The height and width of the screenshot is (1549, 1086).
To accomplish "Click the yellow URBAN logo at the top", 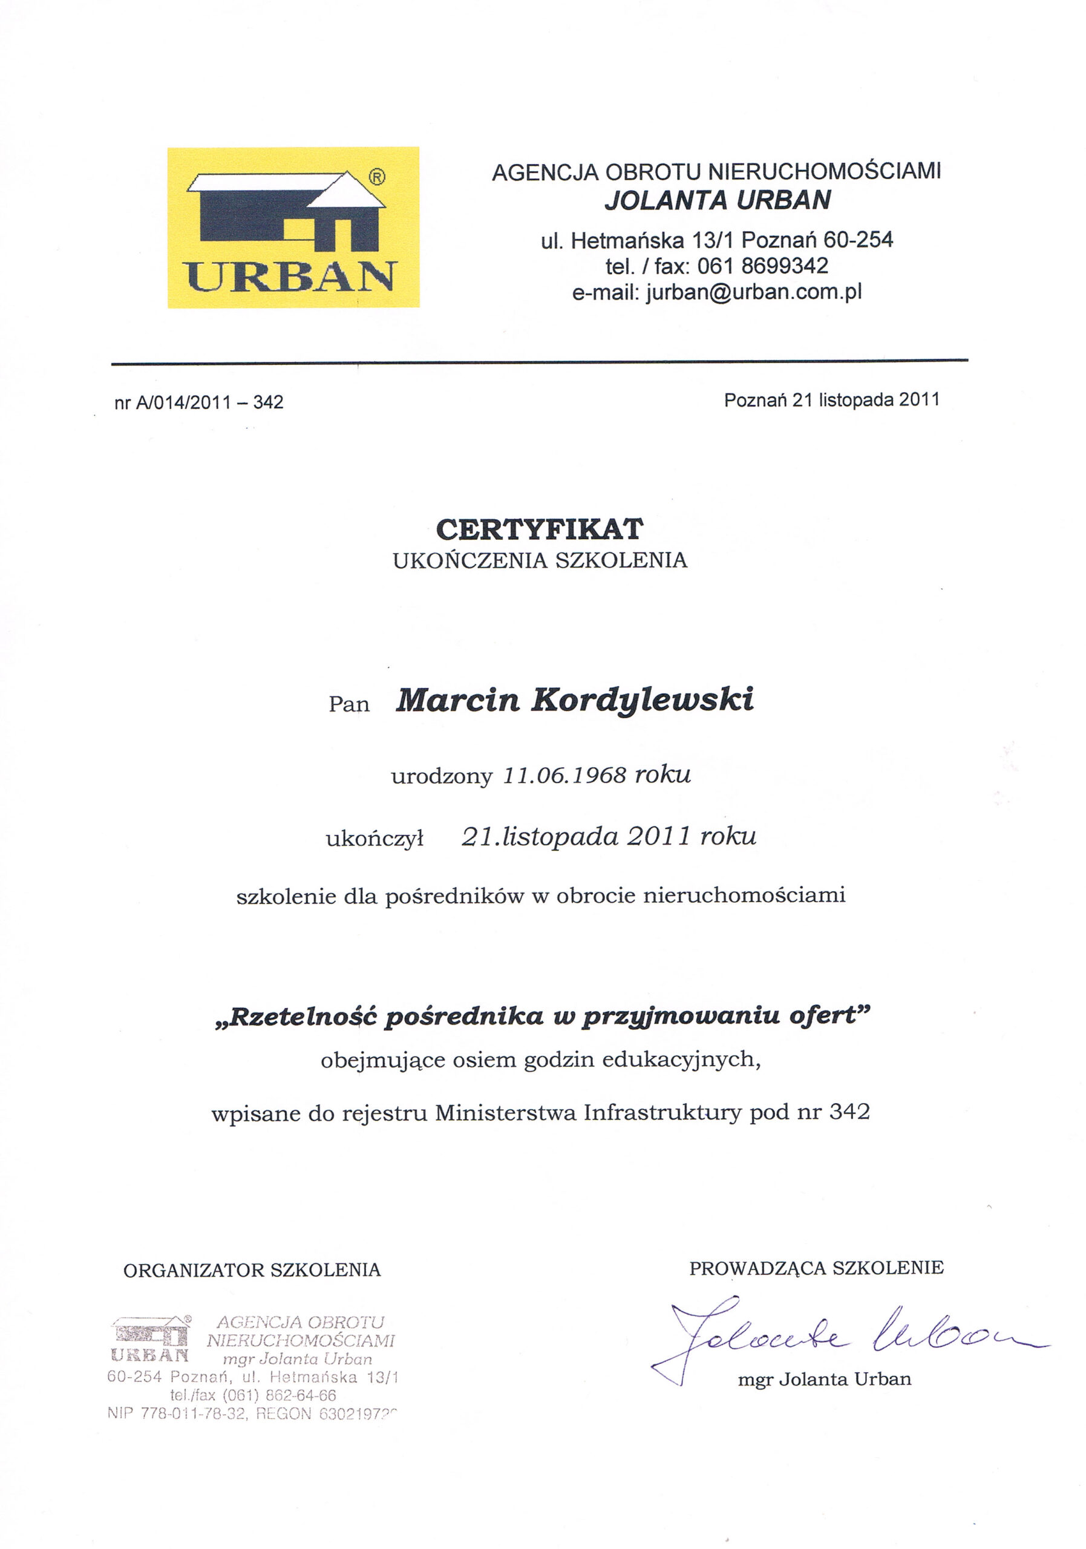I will (x=293, y=228).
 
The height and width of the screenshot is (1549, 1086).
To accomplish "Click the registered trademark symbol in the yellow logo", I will (x=377, y=177).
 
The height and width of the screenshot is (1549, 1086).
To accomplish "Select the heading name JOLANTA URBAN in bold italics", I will (x=717, y=200).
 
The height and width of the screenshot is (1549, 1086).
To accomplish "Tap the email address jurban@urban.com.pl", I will (x=753, y=292).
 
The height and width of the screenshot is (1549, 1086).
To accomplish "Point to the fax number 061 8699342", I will (x=762, y=266).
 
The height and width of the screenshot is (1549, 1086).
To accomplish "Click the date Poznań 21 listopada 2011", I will (x=831, y=400).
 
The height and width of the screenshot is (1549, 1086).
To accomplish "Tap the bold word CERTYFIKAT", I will (x=540, y=529).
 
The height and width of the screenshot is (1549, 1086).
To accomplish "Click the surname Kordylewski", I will (x=642, y=700).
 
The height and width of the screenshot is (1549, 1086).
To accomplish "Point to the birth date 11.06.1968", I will (x=564, y=775).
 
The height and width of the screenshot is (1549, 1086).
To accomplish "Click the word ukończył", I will (x=375, y=839).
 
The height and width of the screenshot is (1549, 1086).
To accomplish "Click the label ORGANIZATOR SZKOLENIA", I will (x=252, y=1271).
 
